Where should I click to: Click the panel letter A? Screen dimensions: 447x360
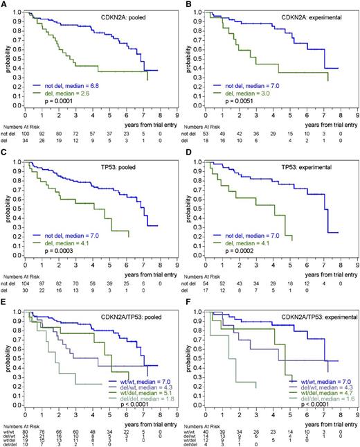pyautogui.click(x=4, y=4)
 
